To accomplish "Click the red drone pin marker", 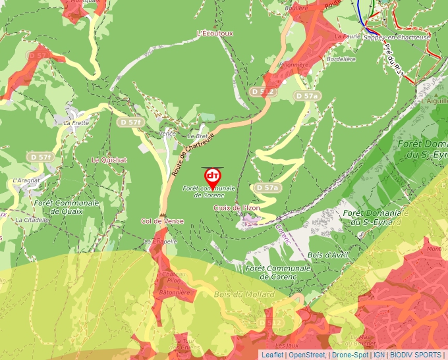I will click(x=212, y=177).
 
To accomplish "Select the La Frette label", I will click(x=76, y=122).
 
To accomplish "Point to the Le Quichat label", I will click(x=109, y=159).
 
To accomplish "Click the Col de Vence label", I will click(x=162, y=221).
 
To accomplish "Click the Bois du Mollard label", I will click(x=244, y=294).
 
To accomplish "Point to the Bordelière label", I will click(x=341, y=59).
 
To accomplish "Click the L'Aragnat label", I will click(x=27, y=180).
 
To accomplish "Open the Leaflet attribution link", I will click(x=272, y=355).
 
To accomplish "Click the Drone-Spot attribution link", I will click(x=350, y=355).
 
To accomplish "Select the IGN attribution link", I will click(x=379, y=355).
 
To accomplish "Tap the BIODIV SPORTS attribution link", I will click(x=416, y=355).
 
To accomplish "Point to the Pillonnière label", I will click(x=294, y=64).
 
